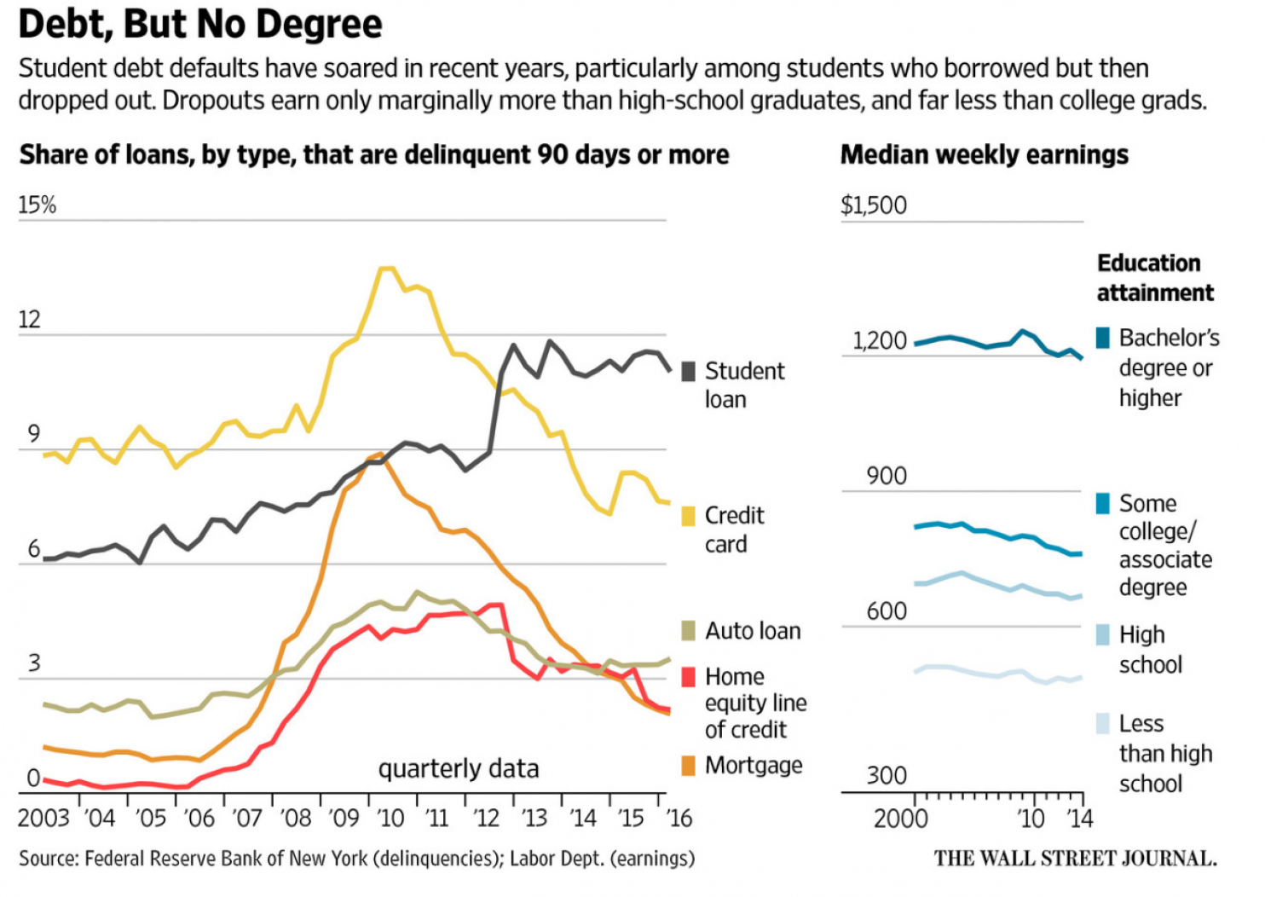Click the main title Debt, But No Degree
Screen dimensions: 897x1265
[200, 24]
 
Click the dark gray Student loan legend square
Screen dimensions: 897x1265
[689, 372]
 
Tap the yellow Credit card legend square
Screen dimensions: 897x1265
[689, 516]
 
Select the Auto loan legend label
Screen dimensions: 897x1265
[753, 631]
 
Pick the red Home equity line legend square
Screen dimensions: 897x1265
[689, 677]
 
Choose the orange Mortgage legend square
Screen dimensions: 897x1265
[689, 766]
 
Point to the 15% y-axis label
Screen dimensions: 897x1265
[38, 205]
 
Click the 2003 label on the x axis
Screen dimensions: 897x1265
[43, 819]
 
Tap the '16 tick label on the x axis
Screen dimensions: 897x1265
[679, 819]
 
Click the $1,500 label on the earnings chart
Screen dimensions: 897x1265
[874, 205]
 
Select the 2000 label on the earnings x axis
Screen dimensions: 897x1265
[900, 819]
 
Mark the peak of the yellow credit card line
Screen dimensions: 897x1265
[386, 269]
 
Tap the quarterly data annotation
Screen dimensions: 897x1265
[459, 769]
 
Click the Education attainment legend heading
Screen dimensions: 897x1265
[1154, 278]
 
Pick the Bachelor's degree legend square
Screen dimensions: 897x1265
[1103, 338]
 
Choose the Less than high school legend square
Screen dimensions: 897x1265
[1103, 724]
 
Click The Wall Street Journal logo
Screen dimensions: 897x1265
[1075, 858]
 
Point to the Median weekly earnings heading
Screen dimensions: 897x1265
[984, 155]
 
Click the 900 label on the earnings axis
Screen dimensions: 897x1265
[887, 476]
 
